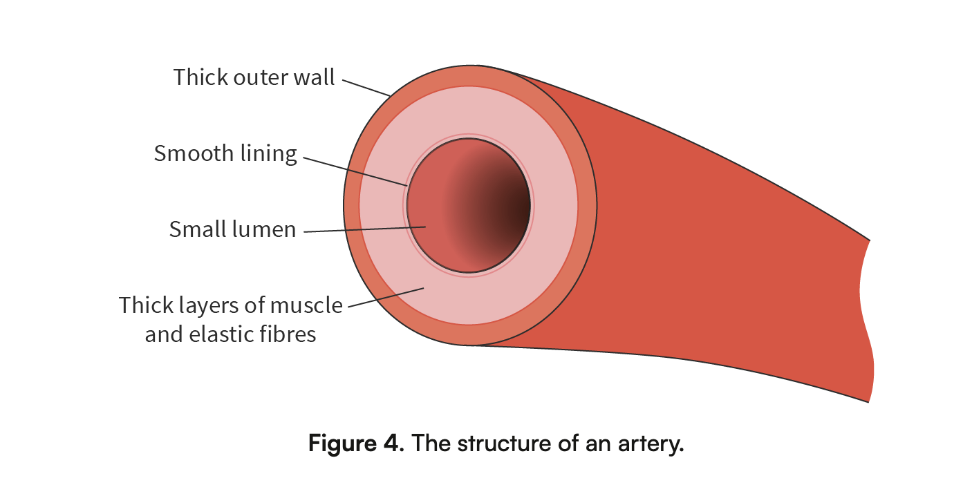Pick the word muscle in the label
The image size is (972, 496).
306,305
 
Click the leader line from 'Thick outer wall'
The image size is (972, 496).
366,88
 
